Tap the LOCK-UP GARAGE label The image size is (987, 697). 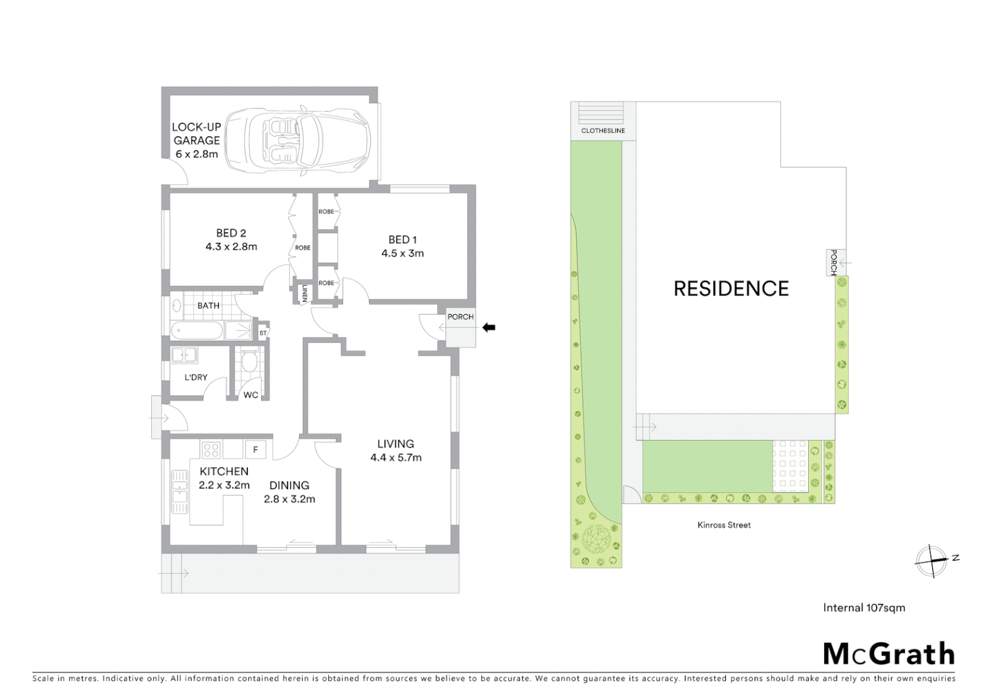196,134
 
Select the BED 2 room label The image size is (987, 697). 231,233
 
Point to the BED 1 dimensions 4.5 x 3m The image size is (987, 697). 402,254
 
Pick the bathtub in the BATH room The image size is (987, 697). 198,331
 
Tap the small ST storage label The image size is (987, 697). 263,333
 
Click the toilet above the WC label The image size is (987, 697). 249,361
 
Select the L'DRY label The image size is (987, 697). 196,377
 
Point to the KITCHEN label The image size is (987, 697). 223,472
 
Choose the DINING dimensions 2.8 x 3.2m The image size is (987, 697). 289,499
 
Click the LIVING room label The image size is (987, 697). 395,444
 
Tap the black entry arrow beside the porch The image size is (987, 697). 489,328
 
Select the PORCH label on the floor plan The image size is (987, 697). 461,317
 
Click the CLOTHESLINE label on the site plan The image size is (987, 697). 603,130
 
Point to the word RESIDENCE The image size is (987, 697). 731,288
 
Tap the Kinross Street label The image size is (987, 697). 723,525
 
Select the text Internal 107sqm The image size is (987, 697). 864,608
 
